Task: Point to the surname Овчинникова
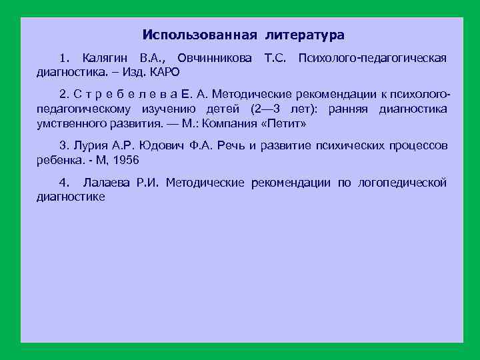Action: (x=215, y=59)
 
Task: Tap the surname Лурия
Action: (x=90, y=146)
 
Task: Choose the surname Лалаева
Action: (x=106, y=183)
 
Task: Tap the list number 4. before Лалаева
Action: (x=64, y=183)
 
